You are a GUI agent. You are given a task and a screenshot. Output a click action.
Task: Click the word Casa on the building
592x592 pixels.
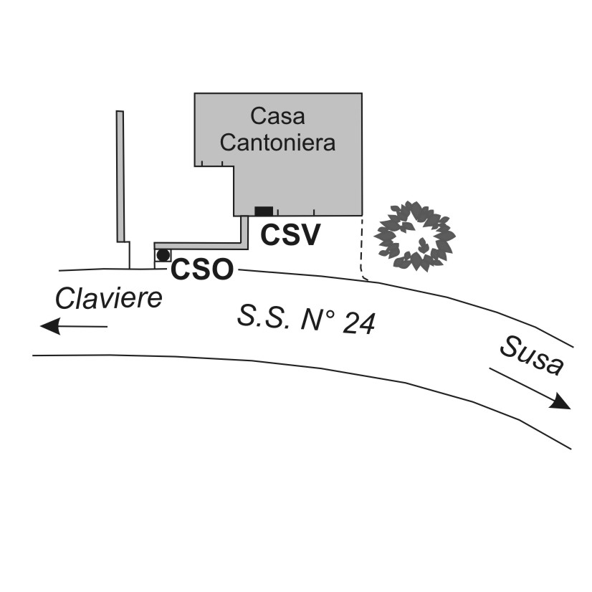[x=278, y=116]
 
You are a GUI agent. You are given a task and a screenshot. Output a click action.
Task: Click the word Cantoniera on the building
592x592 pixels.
[x=278, y=142]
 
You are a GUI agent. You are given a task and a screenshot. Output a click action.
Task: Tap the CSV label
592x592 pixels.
[x=289, y=234]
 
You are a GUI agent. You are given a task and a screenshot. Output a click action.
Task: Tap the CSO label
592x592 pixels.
[x=202, y=270]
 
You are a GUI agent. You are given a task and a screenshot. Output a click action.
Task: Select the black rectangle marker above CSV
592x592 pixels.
[x=264, y=210]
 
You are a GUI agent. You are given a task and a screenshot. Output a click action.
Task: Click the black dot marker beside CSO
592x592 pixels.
[x=163, y=255]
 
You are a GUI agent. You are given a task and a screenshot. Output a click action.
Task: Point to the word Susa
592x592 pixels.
[x=530, y=356]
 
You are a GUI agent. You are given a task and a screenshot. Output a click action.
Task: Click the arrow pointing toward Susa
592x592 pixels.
[x=530, y=388]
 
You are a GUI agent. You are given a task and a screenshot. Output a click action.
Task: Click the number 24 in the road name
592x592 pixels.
[x=358, y=324]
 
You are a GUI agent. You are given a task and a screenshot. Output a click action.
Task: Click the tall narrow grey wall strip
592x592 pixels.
[x=120, y=176]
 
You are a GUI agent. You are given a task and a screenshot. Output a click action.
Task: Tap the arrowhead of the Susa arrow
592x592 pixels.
[x=560, y=402]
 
